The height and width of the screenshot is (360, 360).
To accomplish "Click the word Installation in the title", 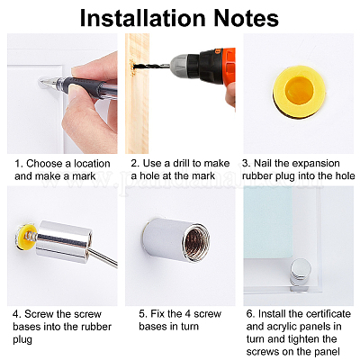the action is coord(142,18).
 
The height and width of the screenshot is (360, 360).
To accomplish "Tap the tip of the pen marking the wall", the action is coord(42,82).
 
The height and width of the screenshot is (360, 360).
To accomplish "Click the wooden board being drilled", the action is coord(137,94).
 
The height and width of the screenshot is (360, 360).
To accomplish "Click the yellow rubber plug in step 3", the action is coord(299,91).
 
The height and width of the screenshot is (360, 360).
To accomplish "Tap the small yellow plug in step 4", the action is coord(25,237).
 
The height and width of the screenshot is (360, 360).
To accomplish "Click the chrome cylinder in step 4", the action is coord(64,242).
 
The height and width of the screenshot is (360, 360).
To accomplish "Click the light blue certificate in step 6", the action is coord(267,222).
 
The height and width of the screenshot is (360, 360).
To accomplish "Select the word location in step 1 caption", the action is coord(92,164).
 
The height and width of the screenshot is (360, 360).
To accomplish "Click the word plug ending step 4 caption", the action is coord(22,340).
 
